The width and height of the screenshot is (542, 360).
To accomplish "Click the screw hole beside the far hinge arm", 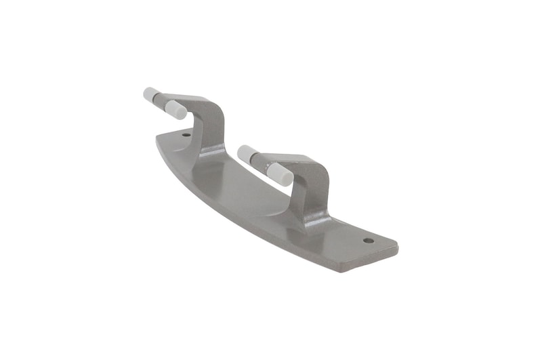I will point(186,134).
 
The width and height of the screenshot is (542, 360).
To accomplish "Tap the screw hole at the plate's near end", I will point(368,240).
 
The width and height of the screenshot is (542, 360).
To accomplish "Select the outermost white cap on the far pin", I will point(150,94).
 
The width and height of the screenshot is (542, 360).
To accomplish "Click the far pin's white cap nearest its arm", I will point(176,109).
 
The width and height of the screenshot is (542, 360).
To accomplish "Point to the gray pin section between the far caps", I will point(163,102).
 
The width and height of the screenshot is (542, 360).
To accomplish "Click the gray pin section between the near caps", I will point(264,165).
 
